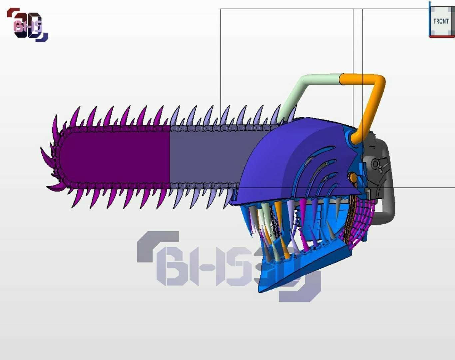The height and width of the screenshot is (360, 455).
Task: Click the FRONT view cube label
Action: pos(441,21)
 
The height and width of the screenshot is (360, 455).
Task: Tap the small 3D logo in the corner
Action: pos(28,25)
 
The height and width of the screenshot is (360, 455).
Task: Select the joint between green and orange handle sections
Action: pos(340,79)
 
